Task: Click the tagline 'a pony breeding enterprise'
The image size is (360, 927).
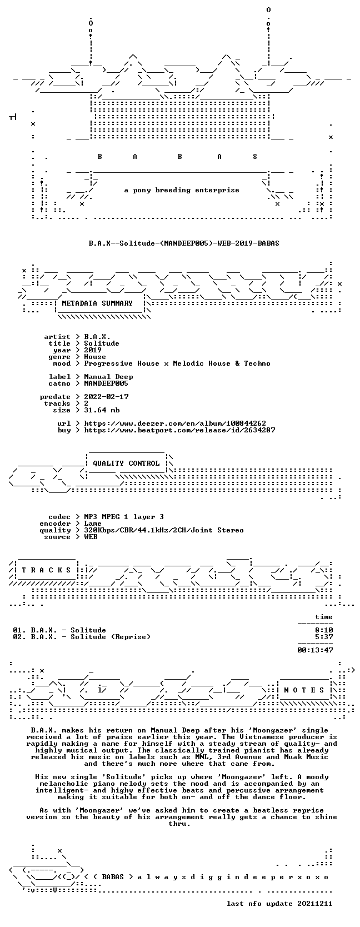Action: click(182, 191)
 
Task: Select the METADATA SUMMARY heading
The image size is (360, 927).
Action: click(97, 303)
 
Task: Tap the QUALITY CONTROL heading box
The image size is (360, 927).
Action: click(126, 463)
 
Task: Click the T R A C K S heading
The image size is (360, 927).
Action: click(46, 570)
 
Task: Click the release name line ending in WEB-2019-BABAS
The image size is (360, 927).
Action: click(184, 243)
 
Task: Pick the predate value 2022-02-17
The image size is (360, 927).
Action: click(106, 397)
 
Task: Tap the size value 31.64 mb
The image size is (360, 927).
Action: click(102, 410)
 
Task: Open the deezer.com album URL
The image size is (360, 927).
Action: click(175, 423)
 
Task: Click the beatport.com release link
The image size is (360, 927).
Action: click(179, 430)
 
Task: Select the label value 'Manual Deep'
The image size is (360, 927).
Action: click(108, 377)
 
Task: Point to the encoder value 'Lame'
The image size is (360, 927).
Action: click(93, 524)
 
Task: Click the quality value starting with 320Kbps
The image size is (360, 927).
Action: click(164, 530)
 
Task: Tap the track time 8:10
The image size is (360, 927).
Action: click(324, 630)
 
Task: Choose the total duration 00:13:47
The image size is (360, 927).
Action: click(316, 650)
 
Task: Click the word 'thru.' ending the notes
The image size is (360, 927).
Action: click(179, 824)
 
